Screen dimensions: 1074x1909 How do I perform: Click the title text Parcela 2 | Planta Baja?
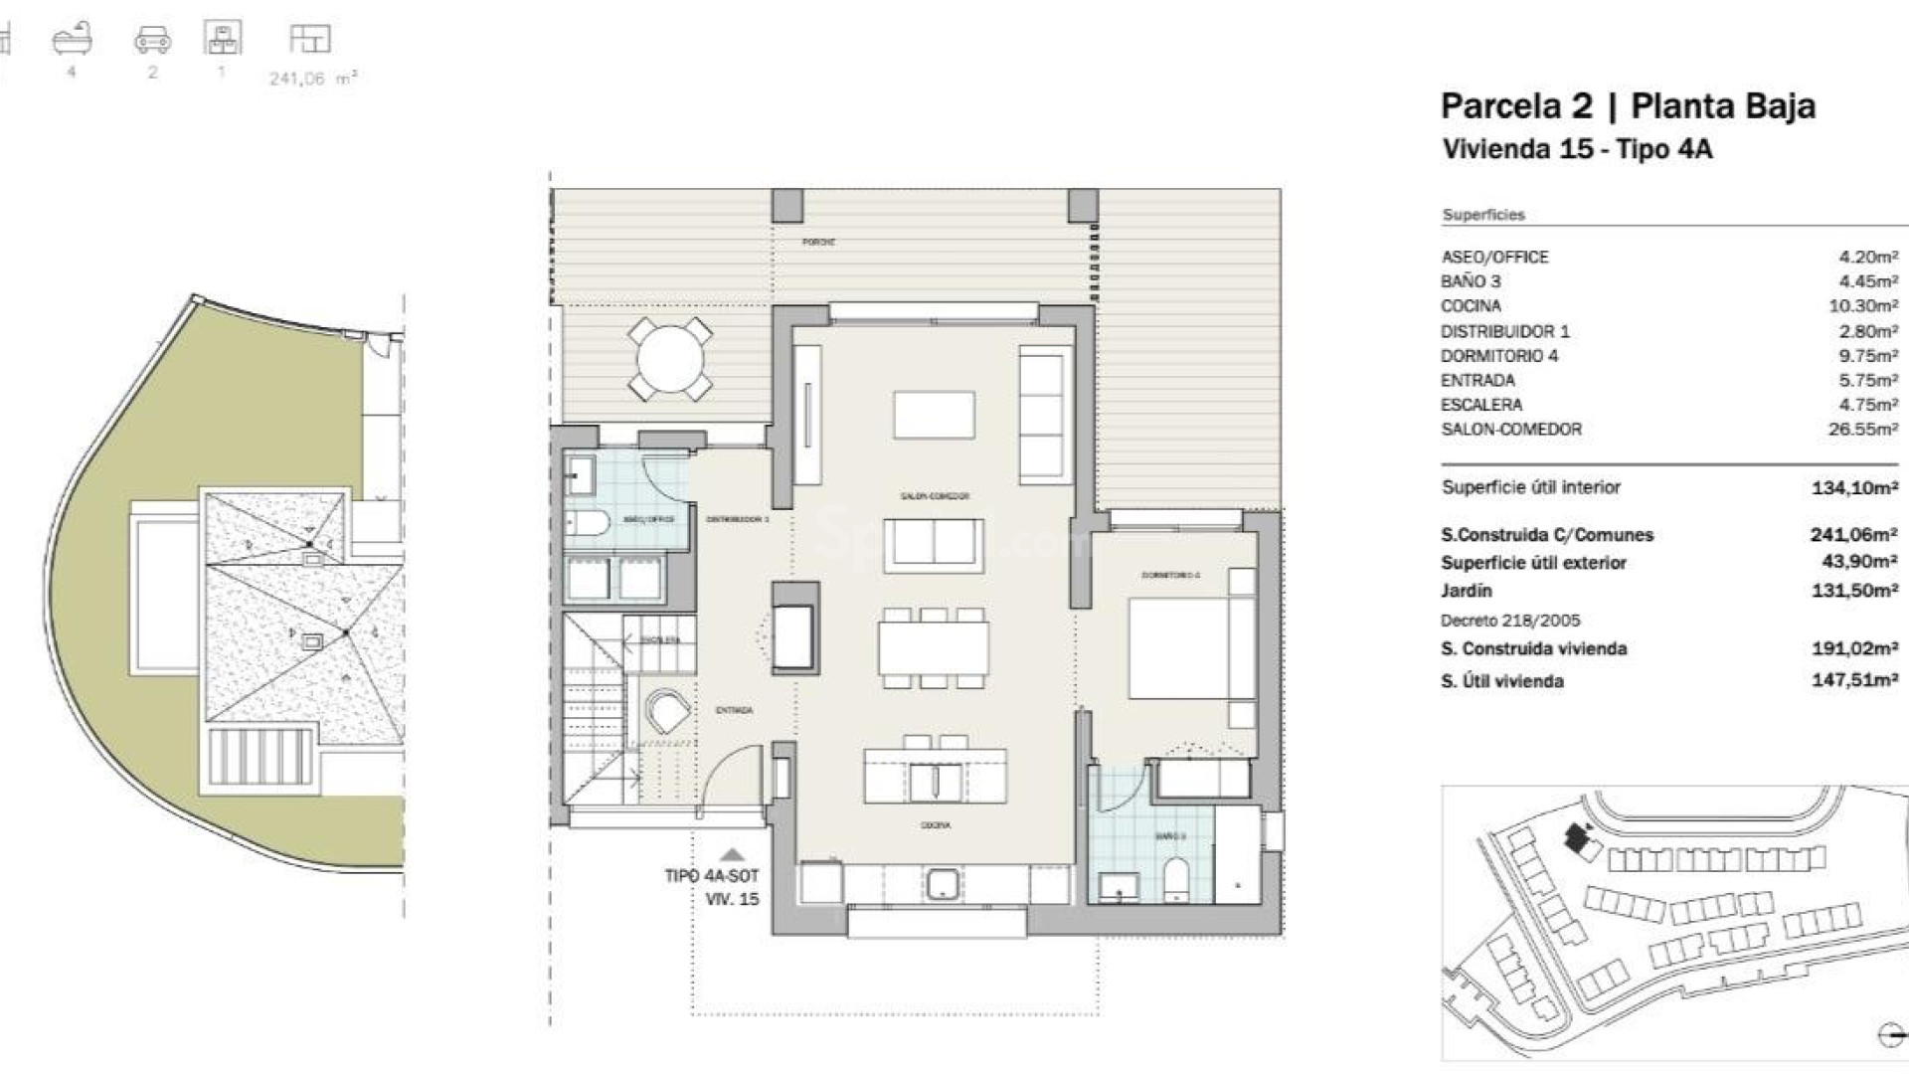1628,106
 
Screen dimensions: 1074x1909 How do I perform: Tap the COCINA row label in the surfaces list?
1471,306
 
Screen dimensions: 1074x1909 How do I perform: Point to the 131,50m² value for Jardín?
1854,591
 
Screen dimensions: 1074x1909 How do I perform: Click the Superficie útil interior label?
1530,487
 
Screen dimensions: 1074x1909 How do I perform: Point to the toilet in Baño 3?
1174,880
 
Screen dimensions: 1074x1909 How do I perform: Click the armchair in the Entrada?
667,711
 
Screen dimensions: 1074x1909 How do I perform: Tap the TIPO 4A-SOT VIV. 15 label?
711,887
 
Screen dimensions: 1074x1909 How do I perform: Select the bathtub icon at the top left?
72,40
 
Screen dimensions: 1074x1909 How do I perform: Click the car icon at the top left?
152,40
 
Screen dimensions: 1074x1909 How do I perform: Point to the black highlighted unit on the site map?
1573,838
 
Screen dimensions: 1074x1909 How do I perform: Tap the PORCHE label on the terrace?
818,242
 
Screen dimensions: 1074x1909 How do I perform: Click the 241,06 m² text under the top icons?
312,79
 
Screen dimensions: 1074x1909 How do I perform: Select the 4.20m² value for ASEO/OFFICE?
1867,257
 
